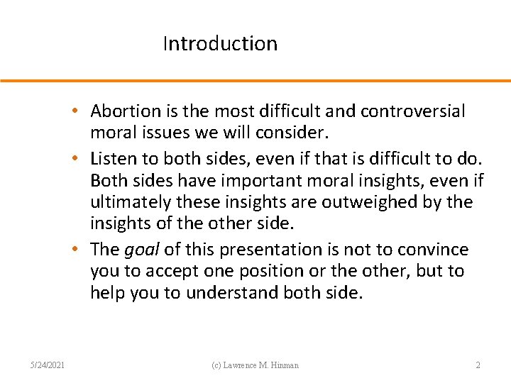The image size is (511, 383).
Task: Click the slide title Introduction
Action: tap(220, 44)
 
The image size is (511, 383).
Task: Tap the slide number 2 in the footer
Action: tap(478, 365)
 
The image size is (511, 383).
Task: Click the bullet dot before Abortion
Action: tap(83, 111)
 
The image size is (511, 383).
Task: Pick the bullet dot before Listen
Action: tap(83, 157)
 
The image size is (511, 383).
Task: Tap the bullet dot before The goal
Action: tap(83, 250)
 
